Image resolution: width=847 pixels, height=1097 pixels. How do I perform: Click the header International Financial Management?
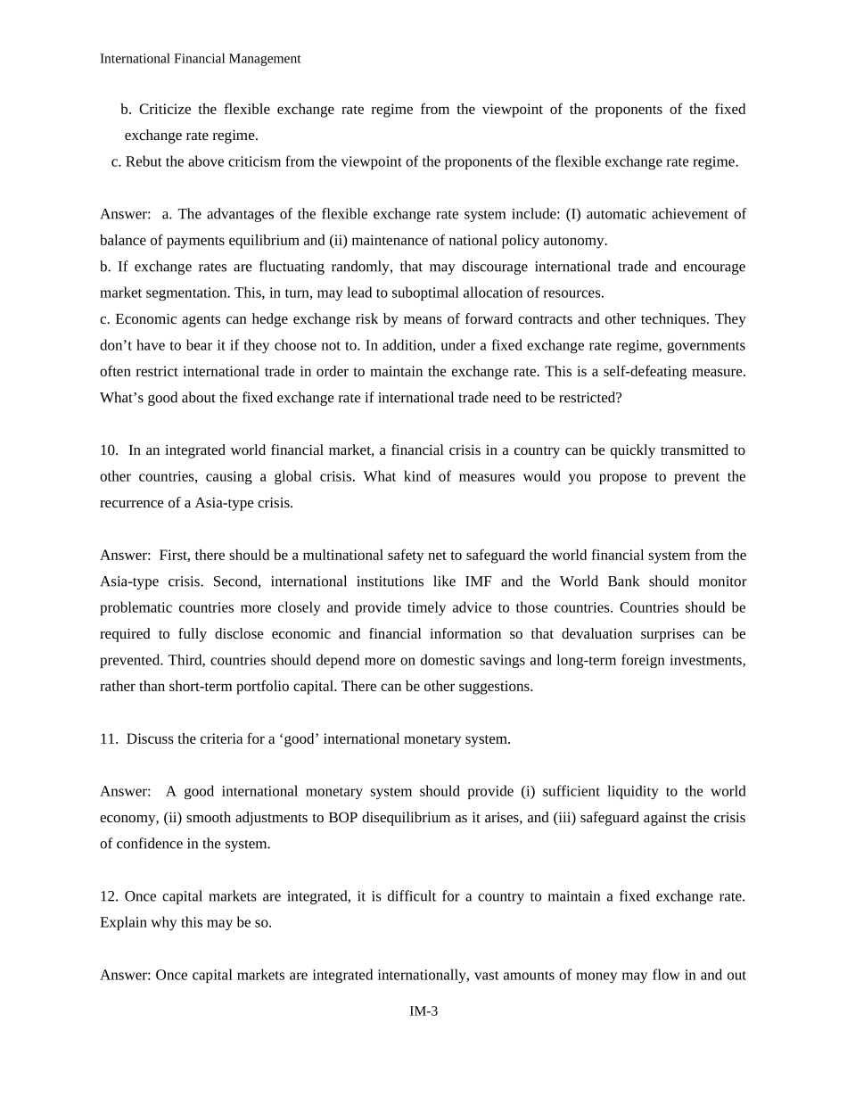(200, 59)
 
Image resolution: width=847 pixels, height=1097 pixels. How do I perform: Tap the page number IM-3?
(423, 1011)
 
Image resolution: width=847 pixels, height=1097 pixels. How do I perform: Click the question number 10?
(108, 450)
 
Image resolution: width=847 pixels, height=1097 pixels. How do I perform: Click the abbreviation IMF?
(478, 581)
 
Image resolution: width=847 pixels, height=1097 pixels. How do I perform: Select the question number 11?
(108, 739)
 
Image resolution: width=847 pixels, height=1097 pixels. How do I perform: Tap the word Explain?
(122, 923)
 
